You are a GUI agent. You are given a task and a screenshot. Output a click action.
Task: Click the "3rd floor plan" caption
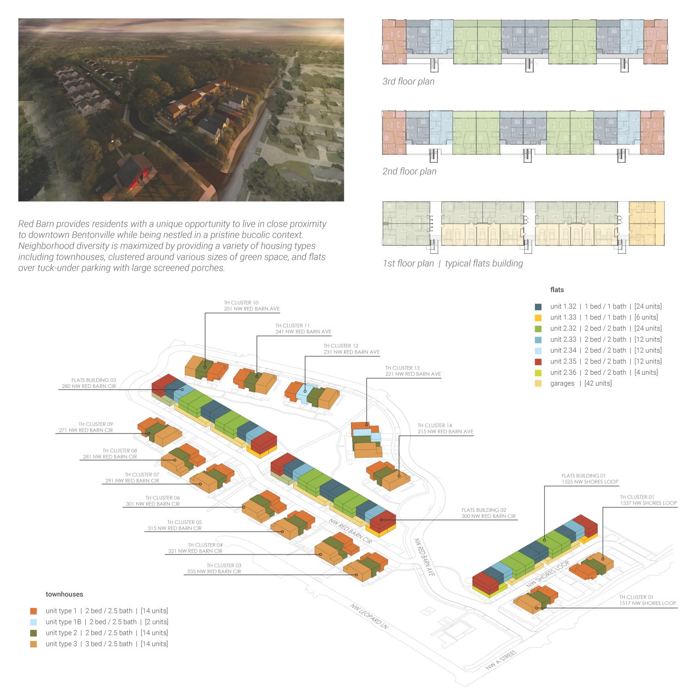click(x=408, y=82)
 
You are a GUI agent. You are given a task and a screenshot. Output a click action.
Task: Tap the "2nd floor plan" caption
click(x=409, y=172)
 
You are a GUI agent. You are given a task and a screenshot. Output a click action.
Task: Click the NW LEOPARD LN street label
click(x=369, y=616)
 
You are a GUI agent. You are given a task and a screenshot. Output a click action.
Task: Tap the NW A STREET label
click(x=501, y=660)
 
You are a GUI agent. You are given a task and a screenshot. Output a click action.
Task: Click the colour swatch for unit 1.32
click(x=538, y=307)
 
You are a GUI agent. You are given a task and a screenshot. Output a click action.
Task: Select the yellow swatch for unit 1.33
click(x=538, y=318)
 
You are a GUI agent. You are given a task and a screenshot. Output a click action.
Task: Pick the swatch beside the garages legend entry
click(x=538, y=384)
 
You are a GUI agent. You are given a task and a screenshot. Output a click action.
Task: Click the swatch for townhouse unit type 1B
click(x=33, y=622)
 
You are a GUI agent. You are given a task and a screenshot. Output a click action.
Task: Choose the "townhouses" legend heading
click(x=64, y=594)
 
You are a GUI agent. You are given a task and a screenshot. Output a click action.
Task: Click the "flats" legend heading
click(x=557, y=290)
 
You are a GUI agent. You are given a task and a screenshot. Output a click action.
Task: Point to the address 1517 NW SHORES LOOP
click(x=648, y=603)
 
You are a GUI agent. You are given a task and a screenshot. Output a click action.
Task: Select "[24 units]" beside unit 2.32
click(x=648, y=328)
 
